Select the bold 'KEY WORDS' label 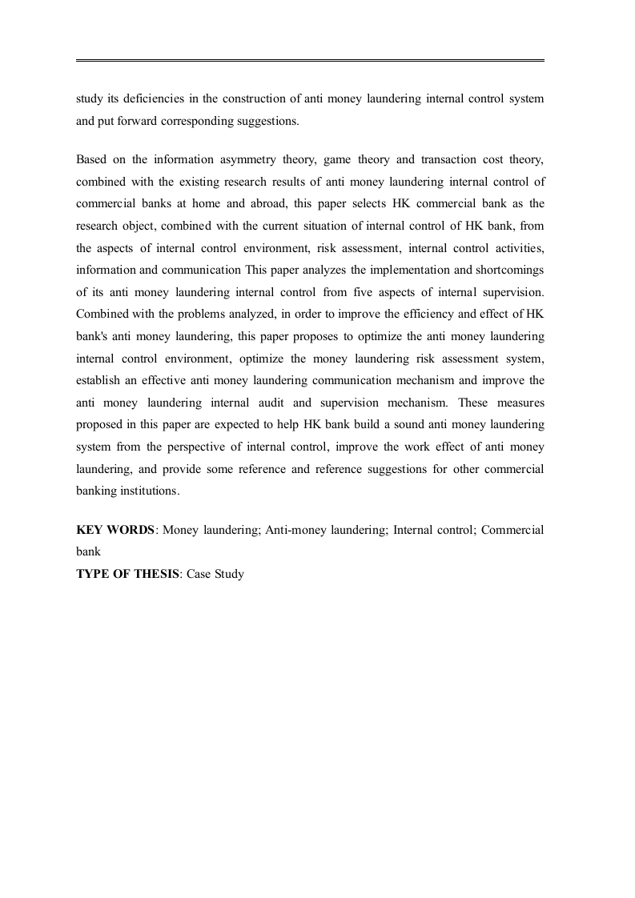(115, 530)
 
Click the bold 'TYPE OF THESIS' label (128, 574)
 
